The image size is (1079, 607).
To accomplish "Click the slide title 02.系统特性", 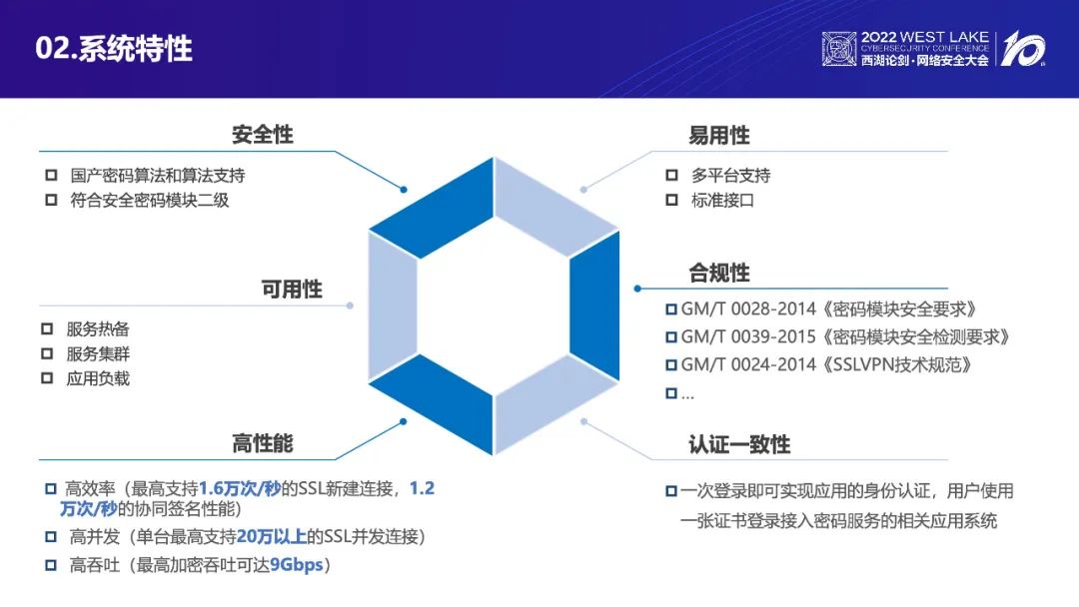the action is pos(114,49).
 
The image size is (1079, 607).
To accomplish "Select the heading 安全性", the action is pos(262,135).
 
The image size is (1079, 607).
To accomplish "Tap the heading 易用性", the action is pos(719,136).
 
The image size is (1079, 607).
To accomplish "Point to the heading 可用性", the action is pos(292,290).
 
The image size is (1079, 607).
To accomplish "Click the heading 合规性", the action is pos(719,273).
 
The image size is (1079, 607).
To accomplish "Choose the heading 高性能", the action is pos(262,444).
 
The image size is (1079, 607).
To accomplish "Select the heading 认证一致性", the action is pos(739,444).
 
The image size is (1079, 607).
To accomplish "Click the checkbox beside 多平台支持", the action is pos(671,176).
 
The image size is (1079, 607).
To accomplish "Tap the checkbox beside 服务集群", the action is pos(47,354).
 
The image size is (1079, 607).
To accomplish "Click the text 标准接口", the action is pos(722,201).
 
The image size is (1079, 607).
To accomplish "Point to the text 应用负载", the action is pos(98,378).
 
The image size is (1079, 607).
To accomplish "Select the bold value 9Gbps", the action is pos(297,565).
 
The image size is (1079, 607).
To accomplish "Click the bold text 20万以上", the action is pos(271,537).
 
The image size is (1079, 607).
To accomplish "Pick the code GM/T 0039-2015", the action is pos(748,337).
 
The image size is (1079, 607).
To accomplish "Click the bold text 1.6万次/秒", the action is pos(240,489).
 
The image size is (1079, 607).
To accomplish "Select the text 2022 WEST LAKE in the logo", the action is pos(925,37).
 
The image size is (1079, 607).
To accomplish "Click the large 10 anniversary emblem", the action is pos(1023,49).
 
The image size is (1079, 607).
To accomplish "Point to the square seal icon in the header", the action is pos(839,49).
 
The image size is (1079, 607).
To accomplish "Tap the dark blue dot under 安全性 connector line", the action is pos(404,189).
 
